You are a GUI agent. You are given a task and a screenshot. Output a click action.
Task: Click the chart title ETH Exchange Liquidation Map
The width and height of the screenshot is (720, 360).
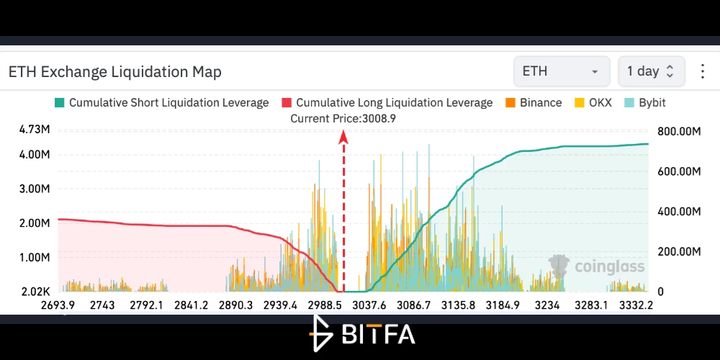pos(114,71)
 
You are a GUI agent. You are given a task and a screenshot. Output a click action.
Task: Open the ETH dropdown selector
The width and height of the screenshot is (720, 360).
pos(562,71)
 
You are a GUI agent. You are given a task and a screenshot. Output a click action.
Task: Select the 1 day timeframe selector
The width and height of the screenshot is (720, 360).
pos(651,71)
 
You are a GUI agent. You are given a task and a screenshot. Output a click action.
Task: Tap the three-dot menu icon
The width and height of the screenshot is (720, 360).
pos(703,71)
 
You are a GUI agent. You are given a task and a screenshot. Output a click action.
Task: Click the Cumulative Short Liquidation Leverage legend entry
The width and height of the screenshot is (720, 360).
pos(161,103)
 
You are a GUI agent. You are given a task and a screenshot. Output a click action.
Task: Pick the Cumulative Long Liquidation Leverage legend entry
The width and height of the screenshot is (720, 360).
pos(387,103)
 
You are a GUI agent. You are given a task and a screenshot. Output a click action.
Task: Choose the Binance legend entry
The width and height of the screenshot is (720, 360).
pos(534,103)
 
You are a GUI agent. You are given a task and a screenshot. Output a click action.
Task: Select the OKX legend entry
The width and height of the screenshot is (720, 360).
pos(593,103)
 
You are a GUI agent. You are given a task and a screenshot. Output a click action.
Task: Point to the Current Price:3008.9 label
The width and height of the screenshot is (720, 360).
pos(343,119)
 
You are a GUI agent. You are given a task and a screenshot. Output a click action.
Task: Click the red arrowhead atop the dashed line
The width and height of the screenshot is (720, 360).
pos(343,137)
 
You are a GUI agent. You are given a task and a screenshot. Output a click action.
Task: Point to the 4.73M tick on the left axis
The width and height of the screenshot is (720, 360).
pos(35,130)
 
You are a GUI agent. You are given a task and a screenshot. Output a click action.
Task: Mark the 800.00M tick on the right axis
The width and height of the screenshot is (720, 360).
pos(679,132)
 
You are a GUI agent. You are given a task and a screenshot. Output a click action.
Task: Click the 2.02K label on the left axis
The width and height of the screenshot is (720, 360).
pos(35,292)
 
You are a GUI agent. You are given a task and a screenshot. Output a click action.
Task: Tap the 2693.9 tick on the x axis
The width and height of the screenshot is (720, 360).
pos(58,305)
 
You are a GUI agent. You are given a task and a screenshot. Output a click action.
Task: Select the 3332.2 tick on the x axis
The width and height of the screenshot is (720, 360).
pos(636,305)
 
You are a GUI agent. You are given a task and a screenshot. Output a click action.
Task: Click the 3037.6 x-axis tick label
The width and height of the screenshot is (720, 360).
pos(369,305)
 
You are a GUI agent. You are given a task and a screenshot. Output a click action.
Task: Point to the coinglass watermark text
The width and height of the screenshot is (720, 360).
pos(610,266)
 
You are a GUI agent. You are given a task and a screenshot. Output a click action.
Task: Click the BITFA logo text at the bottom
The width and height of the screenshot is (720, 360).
pos(379,334)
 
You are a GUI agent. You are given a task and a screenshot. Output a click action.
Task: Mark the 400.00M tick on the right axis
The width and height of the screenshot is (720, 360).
pos(679,212)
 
